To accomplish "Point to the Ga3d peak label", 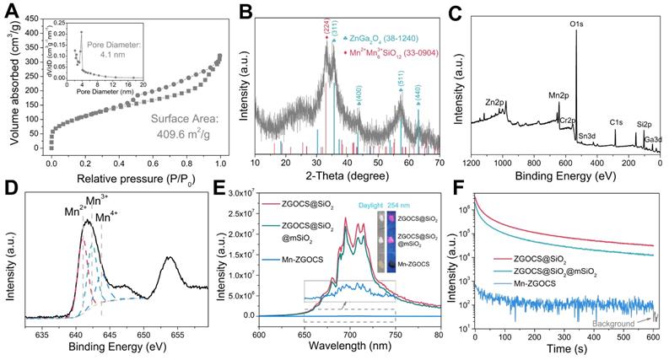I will tap(655, 138).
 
